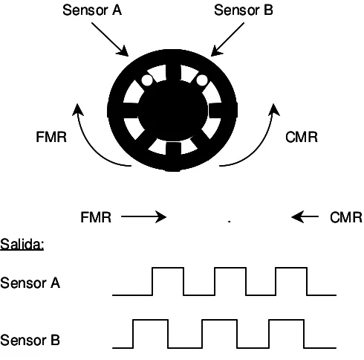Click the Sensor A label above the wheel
[92, 10]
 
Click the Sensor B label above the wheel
[244, 10]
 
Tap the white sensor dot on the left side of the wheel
[147, 80]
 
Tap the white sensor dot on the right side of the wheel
[202, 80]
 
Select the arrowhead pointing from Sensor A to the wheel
[123, 51]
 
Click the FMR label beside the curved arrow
[51, 137]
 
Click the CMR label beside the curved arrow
[302, 137]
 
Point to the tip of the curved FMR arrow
[77, 104]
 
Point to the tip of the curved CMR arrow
[273, 104]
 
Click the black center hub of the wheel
[173, 110]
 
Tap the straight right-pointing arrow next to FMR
[143, 216]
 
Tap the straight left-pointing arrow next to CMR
[305, 216]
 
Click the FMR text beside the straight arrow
[96, 217]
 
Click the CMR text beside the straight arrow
[346, 217]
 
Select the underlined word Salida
[22, 244]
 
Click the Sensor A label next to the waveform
[30, 283]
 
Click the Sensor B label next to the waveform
[30, 340]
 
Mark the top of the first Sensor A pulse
[168, 268]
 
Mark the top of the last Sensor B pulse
[286, 320]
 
